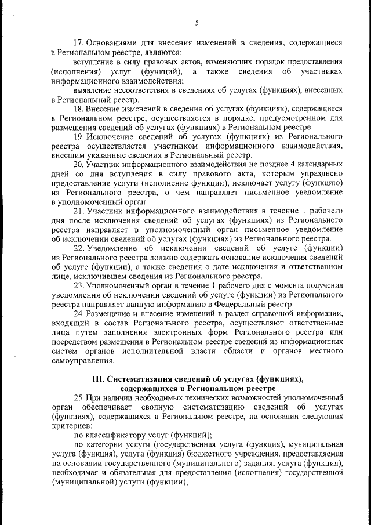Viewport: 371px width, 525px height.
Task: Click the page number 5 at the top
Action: (x=197, y=23)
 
